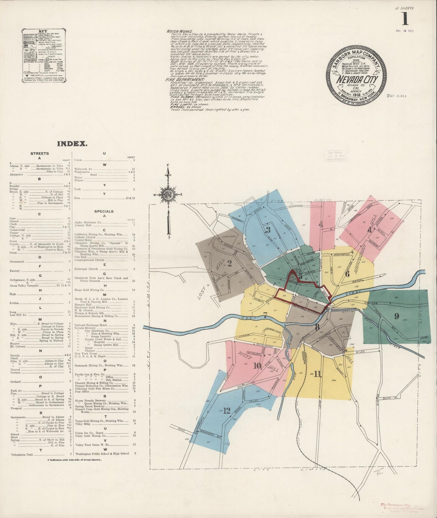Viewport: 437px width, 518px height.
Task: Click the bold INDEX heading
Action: pos(72,144)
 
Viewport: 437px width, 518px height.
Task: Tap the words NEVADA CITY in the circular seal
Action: pos(357,80)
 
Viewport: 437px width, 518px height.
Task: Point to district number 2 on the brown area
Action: pos(230,264)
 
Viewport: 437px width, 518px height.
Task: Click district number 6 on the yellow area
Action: pos(347,274)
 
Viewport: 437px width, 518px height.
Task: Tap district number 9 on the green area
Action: pos(396,316)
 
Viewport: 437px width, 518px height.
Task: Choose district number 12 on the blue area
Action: pos(227,411)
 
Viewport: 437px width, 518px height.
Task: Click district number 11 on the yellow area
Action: pos(317,374)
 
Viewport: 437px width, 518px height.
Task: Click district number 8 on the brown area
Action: pos(317,327)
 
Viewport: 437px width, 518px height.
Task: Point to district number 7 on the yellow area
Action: pos(265,316)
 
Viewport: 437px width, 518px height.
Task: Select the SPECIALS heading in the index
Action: pos(104,211)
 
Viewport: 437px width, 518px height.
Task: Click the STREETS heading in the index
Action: pos(40,154)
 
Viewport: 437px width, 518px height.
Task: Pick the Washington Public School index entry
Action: pos(102,453)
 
